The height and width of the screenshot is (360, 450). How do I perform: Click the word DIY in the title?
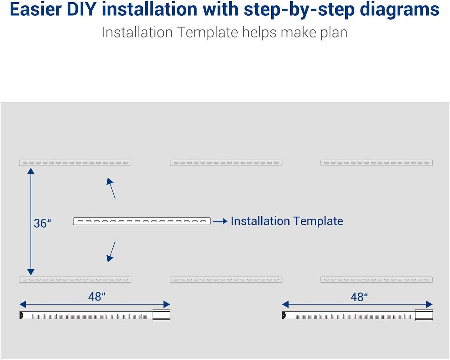(x=82, y=9)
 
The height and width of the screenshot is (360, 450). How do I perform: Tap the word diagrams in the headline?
(x=399, y=9)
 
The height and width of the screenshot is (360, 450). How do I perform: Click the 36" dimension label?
(x=42, y=223)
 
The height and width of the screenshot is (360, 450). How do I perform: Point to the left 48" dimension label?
(x=97, y=296)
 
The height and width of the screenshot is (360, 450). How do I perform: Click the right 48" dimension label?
(x=359, y=297)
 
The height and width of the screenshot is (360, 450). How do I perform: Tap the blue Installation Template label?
(x=287, y=221)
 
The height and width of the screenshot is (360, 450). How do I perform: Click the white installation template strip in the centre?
(x=142, y=221)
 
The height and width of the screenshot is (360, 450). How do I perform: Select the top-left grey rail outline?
(x=75, y=163)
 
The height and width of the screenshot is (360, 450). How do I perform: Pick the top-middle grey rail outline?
(x=226, y=163)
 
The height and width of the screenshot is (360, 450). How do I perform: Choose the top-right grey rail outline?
(x=377, y=163)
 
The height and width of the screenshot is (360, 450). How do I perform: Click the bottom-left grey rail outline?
(x=75, y=280)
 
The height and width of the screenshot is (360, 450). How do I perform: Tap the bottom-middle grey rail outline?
(x=226, y=280)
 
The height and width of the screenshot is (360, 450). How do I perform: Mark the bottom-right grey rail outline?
(x=377, y=280)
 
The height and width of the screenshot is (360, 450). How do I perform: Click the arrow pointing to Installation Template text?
(x=220, y=221)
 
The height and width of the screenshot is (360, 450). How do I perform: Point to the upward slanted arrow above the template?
(x=111, y=188)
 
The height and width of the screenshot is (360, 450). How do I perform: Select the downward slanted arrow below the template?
(x=111, y=251)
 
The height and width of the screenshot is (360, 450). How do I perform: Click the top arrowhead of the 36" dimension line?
(x=31, y=171)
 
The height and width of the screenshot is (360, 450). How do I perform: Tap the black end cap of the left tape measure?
(x=21, y=315)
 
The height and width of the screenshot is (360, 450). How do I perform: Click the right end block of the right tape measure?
(x=424, y=315)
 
